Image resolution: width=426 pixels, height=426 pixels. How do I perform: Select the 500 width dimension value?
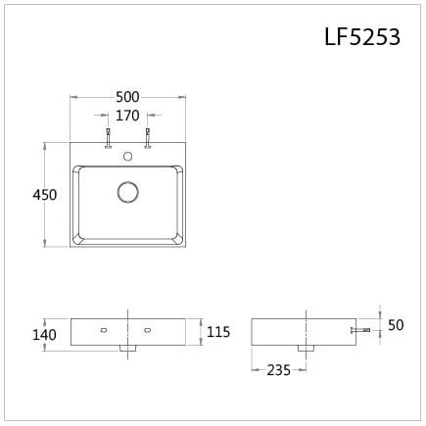pyautogui.click(x=127, y=97)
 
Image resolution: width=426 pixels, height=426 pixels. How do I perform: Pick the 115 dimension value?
pyautogui.click(x=218, y=333)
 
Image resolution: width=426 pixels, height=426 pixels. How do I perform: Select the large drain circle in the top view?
pyautogui.click(x=128, y=192)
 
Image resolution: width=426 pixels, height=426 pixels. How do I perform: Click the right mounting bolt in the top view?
pyautogui.click(x=148, y=137)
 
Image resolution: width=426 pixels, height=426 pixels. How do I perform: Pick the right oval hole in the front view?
pyautogui.click(x=148, y=330)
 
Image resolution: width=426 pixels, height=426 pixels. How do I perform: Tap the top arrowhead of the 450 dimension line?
pyautogui.click(x=45, y=145)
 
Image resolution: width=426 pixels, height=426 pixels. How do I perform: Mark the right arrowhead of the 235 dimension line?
pyautogui.click(x=306, y=370)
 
